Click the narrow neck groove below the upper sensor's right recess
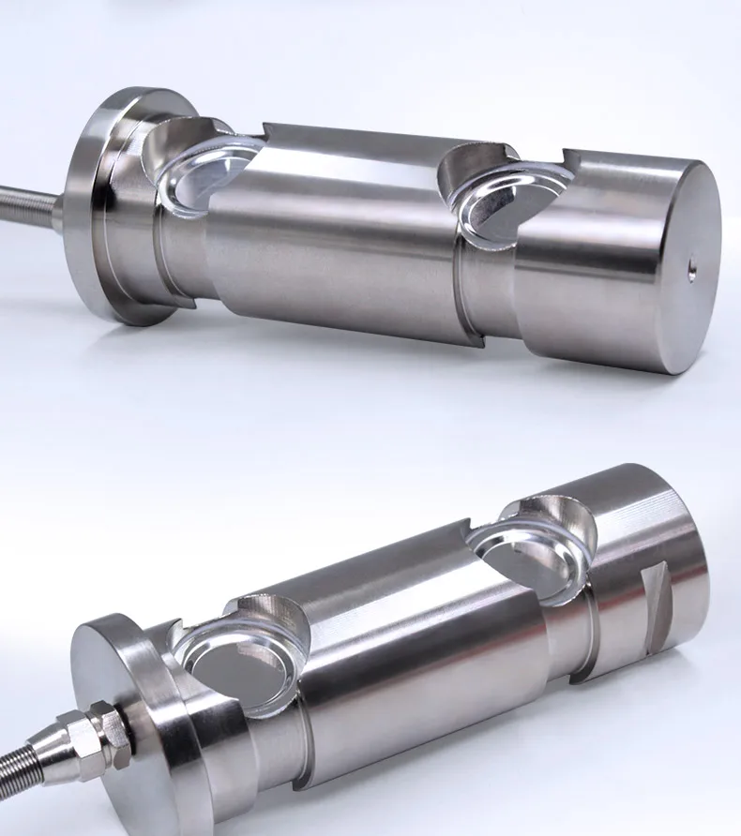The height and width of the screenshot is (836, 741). coord(488,291)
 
